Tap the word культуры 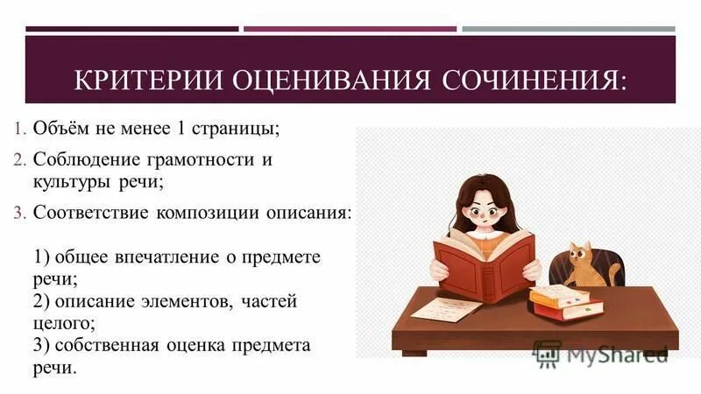[68, 182]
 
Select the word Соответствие [92, 214]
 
